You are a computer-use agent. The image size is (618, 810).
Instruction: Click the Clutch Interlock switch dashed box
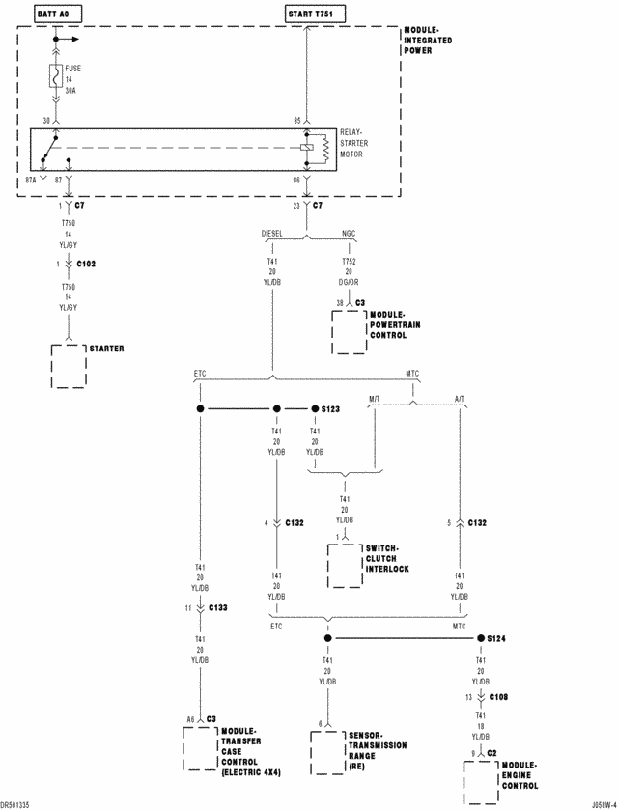[345, 566]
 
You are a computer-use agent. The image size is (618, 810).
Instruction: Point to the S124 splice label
[498, 638]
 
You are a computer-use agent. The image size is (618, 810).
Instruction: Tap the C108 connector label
[499, 695]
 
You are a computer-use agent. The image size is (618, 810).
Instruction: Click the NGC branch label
[349, 233]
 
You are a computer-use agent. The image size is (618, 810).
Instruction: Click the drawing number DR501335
[16, 802]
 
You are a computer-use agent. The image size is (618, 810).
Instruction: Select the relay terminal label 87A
[32, 179]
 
